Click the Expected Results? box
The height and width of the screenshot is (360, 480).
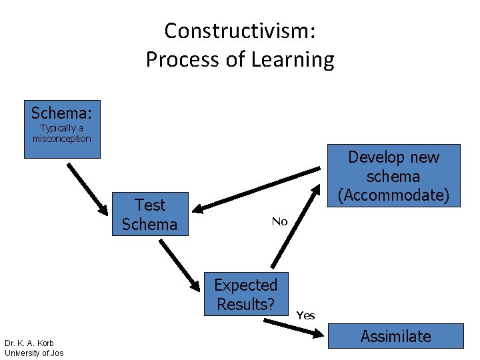pyautogui.click(x=245, y=294)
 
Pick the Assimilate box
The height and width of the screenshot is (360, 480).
pyautogui.click(x=395, y=336)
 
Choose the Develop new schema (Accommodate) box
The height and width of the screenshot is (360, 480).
pyautogui.click(x=394, y=176)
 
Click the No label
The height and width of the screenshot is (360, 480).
pyautogui.click(x=279, y=221)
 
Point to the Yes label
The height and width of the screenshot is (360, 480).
pyautogui.click(x=305, y=315)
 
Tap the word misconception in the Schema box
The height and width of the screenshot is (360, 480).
pyautogui.click(x=62, y=139)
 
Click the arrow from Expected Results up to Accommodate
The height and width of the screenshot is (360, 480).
pyautogui.click(x=295, y=227)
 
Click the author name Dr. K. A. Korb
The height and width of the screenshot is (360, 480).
pyautogui.click(x=29, y=343)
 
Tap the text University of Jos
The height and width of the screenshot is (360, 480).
pyautogui.click(x=34, y=353)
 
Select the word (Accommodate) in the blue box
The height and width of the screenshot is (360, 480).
pyautogui.click(x=394, y=195)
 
